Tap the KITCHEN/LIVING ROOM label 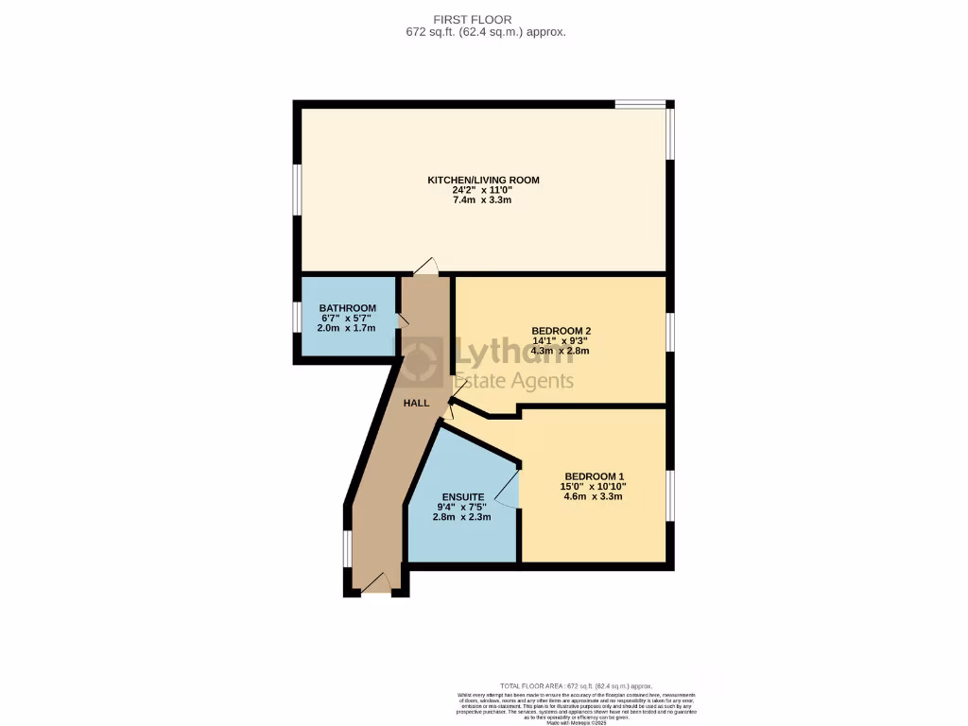click(x=483, y=180)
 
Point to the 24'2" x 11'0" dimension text click(x=483, y=191)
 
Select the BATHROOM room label click(x=347, y=308)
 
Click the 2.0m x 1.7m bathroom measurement click(x=347, y=328)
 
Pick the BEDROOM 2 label click(x=561, y=331)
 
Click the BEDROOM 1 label click(x=594, y=476)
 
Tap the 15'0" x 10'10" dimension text click(x=594, y=487)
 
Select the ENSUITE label click(x=463, y=497)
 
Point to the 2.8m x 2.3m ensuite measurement click(x=463, y=517)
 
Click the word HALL click(x=416, y=403)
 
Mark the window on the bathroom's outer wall click(x=297, y=318)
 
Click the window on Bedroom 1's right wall click(x=670, y=494)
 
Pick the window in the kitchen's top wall click(x=639, y=104)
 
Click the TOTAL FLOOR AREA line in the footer click(x=576, y=685)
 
